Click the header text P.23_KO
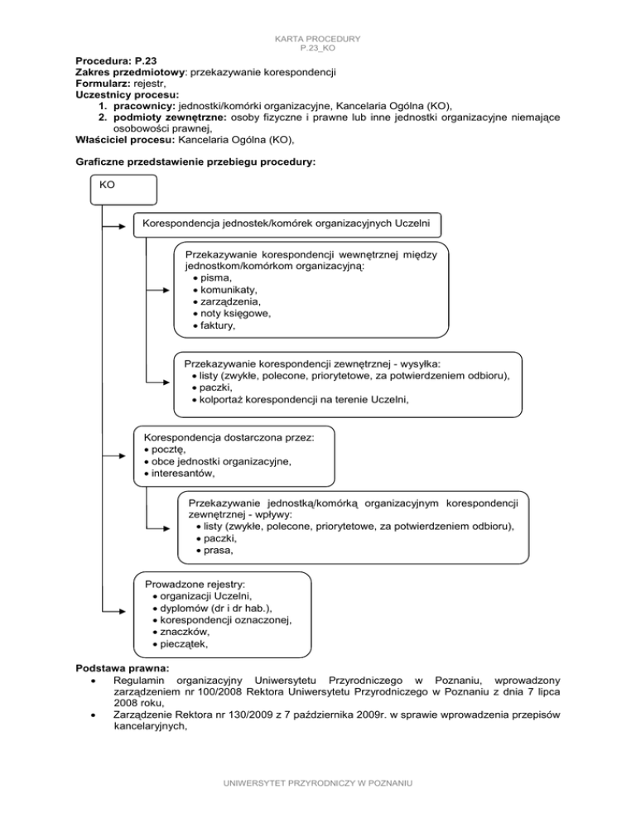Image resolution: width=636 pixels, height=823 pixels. (317, 49)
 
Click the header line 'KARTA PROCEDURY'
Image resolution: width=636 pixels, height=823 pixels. (317, 40)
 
